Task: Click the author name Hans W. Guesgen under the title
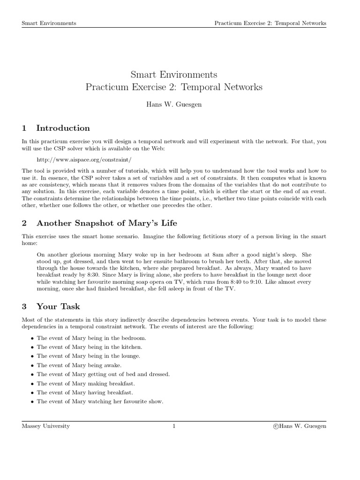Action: click(174, 105)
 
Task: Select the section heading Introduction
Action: click(63, 128)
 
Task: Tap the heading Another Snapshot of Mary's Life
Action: click(107, 223)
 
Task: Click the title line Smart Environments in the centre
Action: click(174, 75)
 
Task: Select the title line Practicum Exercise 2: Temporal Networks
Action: click(174, 87)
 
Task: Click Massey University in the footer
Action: click(46, 426)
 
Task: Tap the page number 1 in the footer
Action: click(174, 426)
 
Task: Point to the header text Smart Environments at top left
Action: click(49, 23)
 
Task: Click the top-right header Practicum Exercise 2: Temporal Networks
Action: click(270, 23)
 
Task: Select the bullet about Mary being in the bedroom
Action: click(91, 338)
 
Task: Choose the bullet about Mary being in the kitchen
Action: click(89, 347)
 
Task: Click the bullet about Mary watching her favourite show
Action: click(100, 401)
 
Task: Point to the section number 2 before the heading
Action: click(24, 223)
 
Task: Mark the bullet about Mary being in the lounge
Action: click(88, 356)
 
